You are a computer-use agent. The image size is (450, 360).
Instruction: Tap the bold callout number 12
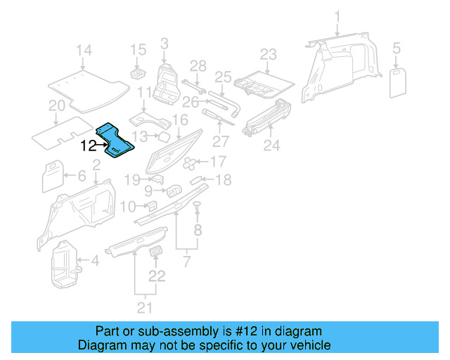[x=89, y=146]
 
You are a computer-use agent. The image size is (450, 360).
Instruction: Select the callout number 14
[x=84, y=50]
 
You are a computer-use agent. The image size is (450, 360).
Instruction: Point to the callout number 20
[x=57, y=105]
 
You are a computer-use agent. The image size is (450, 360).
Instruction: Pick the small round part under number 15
[x=136, y=73]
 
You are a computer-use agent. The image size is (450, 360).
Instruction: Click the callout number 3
[x=164, y=44]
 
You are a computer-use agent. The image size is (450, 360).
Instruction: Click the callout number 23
[x=269, y=54]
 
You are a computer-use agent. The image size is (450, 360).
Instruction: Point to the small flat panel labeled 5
[x=399, y=80]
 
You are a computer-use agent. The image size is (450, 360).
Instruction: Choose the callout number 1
[x=337, y=15]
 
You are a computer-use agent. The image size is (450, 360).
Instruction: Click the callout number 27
[x=221, y=140]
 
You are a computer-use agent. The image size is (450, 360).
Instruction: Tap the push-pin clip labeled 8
[x=198, y=205]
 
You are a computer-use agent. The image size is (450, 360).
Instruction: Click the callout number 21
[x=143, y=307]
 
